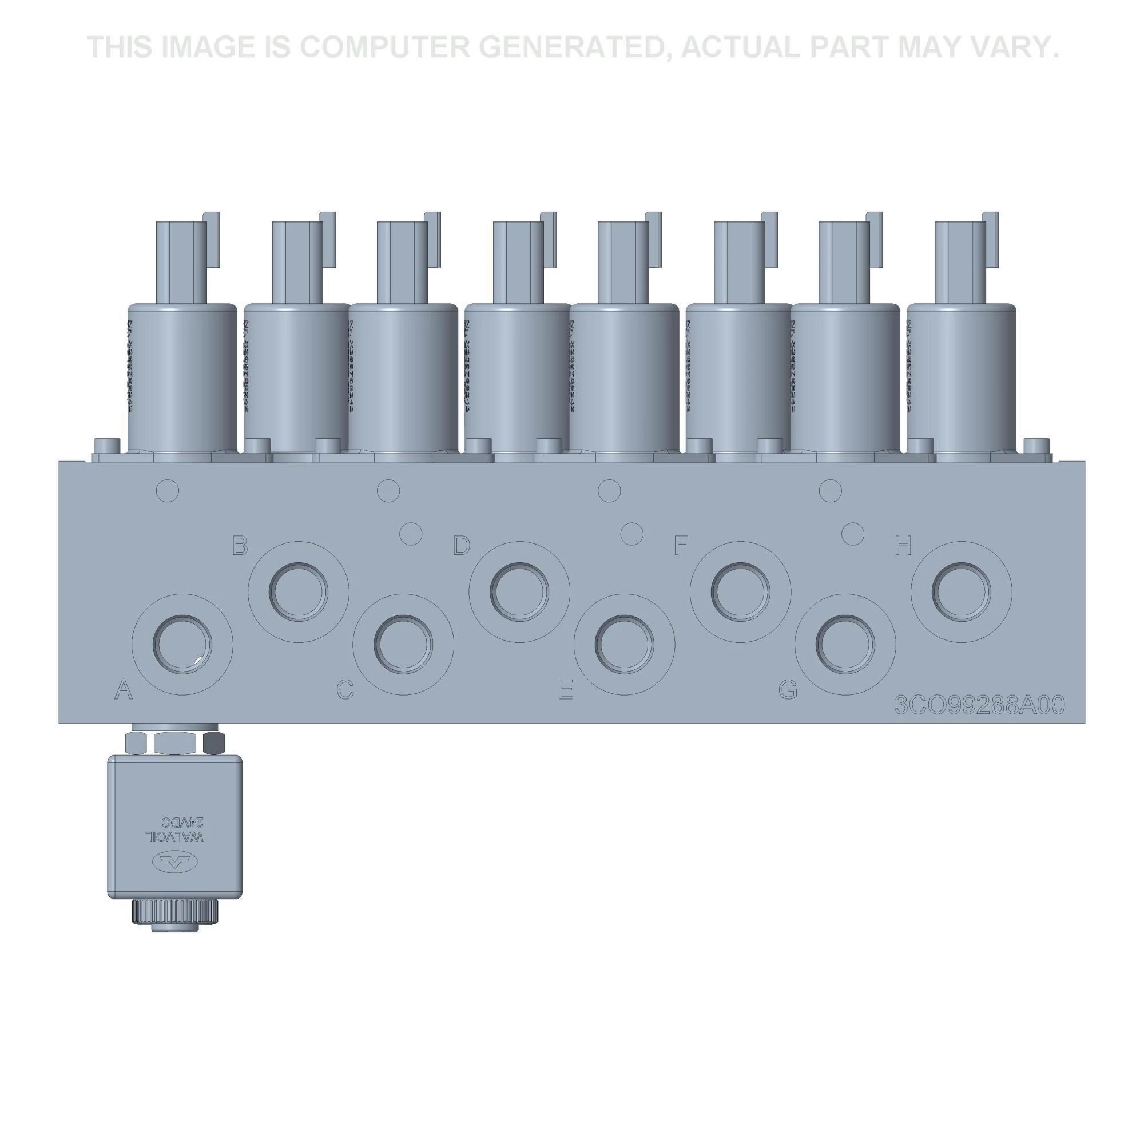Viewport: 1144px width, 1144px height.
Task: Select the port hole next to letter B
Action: point(298,591)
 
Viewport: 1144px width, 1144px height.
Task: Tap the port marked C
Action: point(403,644)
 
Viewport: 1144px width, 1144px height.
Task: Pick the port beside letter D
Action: point(519,591)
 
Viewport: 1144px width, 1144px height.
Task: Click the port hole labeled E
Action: point(624,644)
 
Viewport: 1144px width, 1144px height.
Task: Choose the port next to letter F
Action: point(740,591)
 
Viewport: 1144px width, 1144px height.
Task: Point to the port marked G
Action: point(845,644)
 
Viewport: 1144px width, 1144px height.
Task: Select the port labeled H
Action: point(960,591)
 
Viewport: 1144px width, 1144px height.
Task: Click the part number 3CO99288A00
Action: point(979,705)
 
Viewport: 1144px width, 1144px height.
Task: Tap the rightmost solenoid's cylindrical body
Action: point(961,379)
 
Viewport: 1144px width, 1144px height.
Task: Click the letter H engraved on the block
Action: point(903,546)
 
